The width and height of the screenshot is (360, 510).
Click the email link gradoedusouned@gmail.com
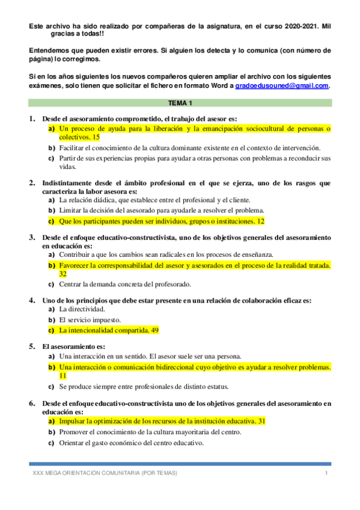282,86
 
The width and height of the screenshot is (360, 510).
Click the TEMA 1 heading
180,103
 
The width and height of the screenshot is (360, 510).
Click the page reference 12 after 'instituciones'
260,221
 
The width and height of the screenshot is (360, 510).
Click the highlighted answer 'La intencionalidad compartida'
103,330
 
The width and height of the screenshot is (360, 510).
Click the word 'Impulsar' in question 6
73,422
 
